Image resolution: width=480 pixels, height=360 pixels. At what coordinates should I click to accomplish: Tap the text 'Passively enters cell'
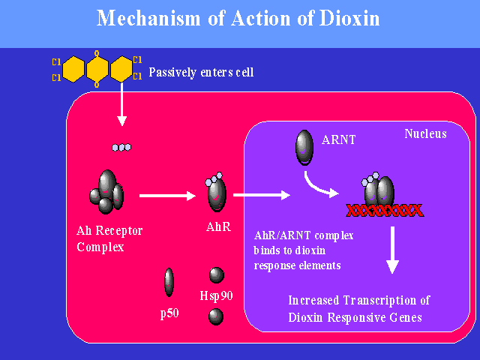[x=201, y=73]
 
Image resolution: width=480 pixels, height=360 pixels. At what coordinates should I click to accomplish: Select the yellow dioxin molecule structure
[x=97, y=70]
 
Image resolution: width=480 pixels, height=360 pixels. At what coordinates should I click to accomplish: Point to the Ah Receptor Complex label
[x=109, y=237]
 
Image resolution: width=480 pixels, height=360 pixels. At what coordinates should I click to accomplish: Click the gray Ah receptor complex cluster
[x=107, y=191]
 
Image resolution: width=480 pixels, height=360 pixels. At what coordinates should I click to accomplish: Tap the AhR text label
[x=217, y=226]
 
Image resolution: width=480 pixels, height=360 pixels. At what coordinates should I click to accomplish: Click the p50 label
[x=169, y=313]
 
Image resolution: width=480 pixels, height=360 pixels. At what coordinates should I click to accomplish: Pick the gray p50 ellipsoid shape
[x=169, y=283]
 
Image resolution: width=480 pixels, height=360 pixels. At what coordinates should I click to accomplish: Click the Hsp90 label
[x=217, y=295]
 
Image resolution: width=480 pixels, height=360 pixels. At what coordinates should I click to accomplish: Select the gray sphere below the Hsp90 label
[x=216, y=316]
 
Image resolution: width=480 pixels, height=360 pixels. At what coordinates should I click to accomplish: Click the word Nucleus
[x=425, y=134]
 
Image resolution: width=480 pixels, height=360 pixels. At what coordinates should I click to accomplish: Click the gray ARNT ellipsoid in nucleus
[x=304, y=145]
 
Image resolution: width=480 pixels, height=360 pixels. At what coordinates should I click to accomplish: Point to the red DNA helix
[x=383, y=210]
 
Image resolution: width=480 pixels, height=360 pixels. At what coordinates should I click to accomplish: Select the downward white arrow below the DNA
[x=391, y=251]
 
